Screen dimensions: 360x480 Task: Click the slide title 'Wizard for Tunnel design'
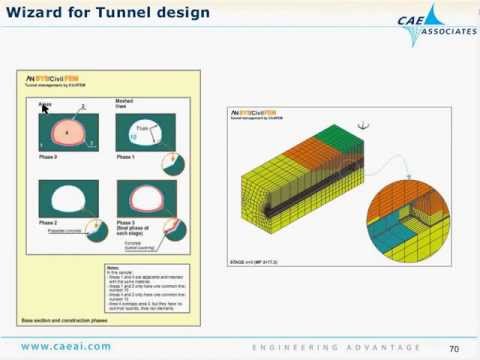pos(104,14)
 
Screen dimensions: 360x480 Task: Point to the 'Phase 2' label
pos(48,221)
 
